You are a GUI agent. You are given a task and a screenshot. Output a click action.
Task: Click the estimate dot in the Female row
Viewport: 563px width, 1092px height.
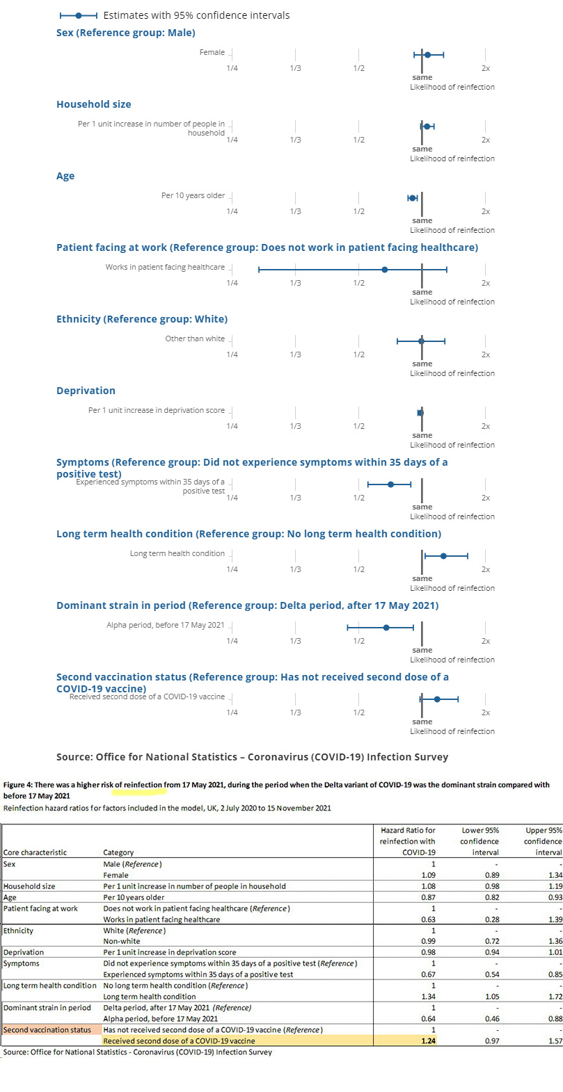coord(427,54)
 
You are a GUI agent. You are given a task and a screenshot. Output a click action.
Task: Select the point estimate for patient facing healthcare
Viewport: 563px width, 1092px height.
coord(385,269)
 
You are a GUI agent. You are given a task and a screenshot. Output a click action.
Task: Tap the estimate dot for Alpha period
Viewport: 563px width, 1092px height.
coord(386,627)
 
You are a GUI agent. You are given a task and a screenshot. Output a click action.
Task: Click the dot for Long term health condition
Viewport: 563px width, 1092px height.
coord(444,555)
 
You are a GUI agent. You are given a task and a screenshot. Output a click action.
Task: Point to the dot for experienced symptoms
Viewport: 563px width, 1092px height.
coord(390,484)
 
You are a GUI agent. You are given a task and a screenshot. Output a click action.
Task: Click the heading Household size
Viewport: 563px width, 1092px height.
coord(93,104)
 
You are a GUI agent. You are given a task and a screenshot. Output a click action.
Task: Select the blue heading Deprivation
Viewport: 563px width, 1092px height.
coord(86,391)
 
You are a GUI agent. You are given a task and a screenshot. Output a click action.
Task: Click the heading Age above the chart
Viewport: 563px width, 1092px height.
coord(65,176)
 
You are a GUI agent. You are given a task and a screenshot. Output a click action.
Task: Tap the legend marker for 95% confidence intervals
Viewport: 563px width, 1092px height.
coord(78,15)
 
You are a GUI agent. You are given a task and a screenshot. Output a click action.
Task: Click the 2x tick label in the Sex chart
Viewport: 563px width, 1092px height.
coord(486,68)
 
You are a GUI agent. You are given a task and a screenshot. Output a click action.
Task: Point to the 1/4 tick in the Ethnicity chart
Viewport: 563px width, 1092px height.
coord(232,355)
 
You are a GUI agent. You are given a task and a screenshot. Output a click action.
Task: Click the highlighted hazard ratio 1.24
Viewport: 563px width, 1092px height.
coord(428,1041)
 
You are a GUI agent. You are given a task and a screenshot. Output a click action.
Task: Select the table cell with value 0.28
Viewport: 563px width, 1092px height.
coord(491,920)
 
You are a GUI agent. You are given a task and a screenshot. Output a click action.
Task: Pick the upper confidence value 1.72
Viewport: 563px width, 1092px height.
coord(555,996)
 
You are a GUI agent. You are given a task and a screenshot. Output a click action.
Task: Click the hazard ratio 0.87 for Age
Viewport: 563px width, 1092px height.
coord(428,897)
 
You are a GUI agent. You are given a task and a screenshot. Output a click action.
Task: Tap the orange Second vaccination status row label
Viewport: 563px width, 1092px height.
coord(47,1029)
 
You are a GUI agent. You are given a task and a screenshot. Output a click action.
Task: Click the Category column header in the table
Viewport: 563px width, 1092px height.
coord(118,852)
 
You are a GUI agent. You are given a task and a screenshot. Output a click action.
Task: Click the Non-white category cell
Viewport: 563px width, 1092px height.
coord(122,941)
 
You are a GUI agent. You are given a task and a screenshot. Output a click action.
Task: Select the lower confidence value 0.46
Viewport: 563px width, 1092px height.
coord(491,1018)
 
